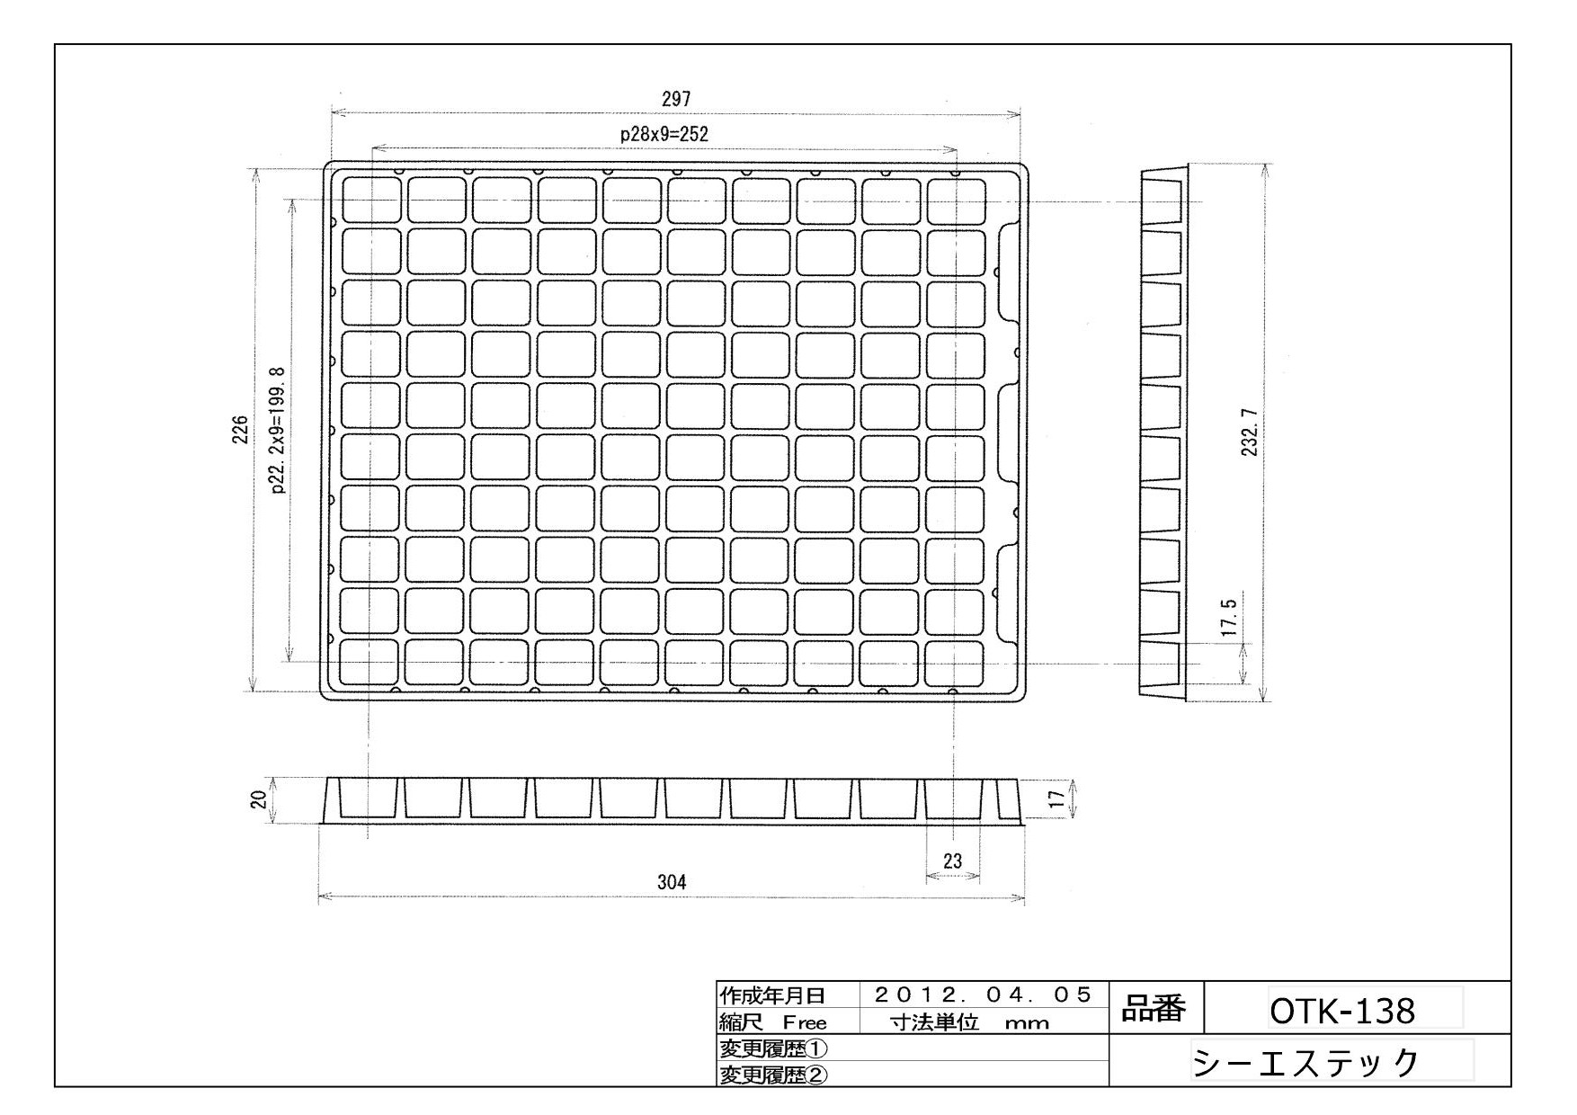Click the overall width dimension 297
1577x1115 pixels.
675,99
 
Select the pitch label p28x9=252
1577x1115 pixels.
664,134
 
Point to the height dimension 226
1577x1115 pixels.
240,430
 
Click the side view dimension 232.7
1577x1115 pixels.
1249,432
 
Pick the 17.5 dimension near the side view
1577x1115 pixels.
1230,618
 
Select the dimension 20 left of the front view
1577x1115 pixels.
257,799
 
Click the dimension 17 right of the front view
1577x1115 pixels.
1057,798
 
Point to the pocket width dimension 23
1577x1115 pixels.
952,861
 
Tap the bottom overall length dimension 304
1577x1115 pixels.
672,882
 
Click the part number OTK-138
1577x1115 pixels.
1341,1011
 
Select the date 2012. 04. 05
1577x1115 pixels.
983,995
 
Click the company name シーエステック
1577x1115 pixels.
1305,1062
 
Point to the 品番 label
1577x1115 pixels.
1154,1009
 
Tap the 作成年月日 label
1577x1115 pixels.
771,995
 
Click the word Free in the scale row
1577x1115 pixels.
804,1022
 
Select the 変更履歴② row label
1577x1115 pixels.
773,1075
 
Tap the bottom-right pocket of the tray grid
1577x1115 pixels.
955,663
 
